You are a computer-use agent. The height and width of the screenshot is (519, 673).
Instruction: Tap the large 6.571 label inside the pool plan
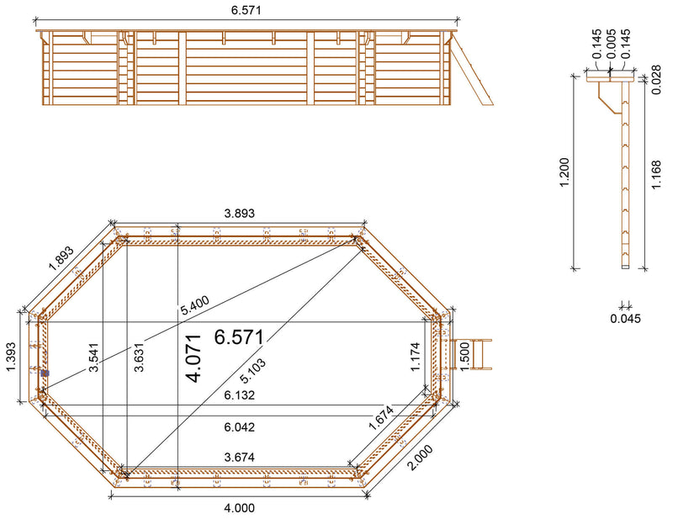(239, 337)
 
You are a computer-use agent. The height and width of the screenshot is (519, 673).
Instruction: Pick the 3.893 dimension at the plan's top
(238, 214)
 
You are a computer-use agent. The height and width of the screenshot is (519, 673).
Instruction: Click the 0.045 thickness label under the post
(624, 318)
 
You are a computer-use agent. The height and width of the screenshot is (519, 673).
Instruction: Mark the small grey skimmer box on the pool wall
(45, 373)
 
